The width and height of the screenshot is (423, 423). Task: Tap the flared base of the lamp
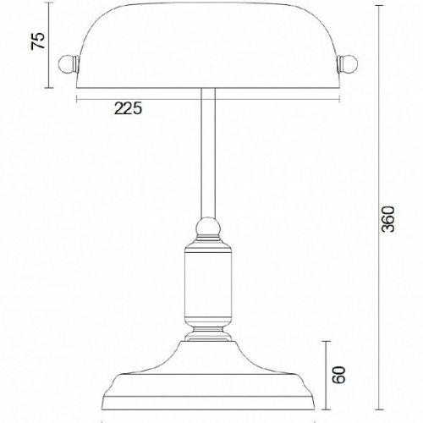click(x=207, y=372)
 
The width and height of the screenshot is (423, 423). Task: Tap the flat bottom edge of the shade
click(x=207, y=87)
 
